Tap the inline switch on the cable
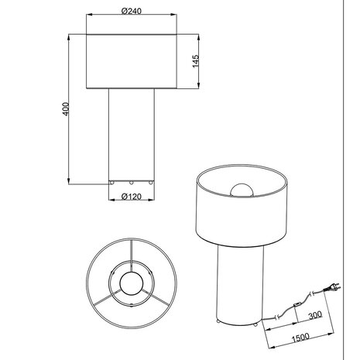coord(297,303)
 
